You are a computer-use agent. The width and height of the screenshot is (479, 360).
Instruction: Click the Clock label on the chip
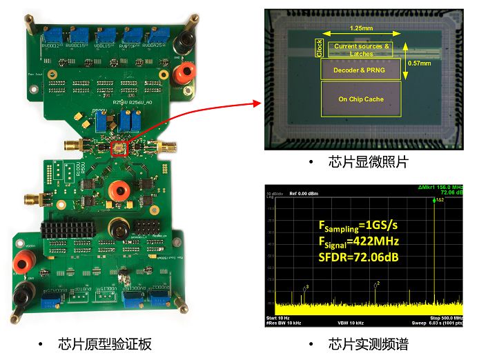tap(320, 48)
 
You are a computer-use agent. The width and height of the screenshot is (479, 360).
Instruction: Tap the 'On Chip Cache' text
tap(360, 99)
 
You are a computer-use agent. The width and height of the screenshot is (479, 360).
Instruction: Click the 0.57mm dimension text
tap(420, 62)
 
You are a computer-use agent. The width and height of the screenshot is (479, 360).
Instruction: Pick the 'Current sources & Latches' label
tap(362, 49)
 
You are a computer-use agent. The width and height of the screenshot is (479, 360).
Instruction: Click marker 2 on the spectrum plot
tap(378, 283)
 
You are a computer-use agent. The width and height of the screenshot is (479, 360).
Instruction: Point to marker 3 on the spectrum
tap(306, 286)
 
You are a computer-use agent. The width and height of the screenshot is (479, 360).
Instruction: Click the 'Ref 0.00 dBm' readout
tap(303, 192)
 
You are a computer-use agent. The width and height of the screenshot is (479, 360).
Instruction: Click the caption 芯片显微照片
tap(363, 162)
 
